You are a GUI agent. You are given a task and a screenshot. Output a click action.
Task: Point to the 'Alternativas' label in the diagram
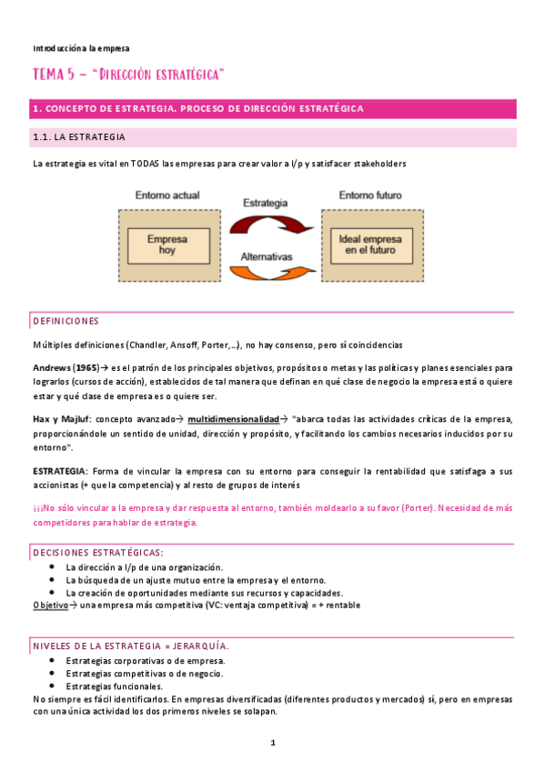[267, 257]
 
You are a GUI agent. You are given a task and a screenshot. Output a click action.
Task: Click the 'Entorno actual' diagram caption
[167, 195]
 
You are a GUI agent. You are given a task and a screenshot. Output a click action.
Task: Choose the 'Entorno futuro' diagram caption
[370, 195]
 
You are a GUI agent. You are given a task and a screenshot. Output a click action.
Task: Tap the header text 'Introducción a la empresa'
[81, 47]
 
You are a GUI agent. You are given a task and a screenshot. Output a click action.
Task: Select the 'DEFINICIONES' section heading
[66, 321]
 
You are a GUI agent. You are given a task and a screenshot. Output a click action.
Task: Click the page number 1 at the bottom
[273, 743]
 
